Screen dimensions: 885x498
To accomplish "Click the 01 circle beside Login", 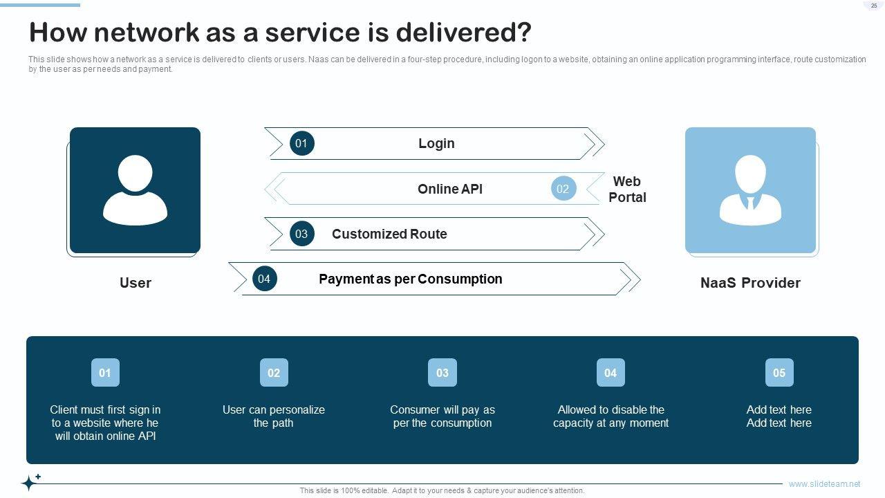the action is point(302,143).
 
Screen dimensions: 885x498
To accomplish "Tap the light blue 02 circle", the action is point(563,189).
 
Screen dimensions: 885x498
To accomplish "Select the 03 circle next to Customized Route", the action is point(302,234).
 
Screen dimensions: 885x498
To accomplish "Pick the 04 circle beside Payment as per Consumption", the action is point(264,279).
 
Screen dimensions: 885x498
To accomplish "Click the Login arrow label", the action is point(436,143).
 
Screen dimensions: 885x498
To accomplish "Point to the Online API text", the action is point(450,189).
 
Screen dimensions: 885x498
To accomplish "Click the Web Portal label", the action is point(627,190).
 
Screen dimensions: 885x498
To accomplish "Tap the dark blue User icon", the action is point(135,190).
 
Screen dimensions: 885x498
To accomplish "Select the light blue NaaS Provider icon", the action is point(750,190).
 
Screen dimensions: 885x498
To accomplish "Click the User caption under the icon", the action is point(135,283).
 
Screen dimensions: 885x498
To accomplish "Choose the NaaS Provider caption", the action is point(750,283).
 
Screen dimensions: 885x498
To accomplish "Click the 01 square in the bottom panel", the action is point(105,372).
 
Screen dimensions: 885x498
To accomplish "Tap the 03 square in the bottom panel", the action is point(442,372).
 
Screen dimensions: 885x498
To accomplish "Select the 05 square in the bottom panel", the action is point(779,372).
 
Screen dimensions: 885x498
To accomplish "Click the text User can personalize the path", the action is point(273,416).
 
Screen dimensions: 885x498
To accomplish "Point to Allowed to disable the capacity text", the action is point(611,416).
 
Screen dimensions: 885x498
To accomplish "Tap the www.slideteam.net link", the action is point(825,483).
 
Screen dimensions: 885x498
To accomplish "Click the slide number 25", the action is point(874,6).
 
